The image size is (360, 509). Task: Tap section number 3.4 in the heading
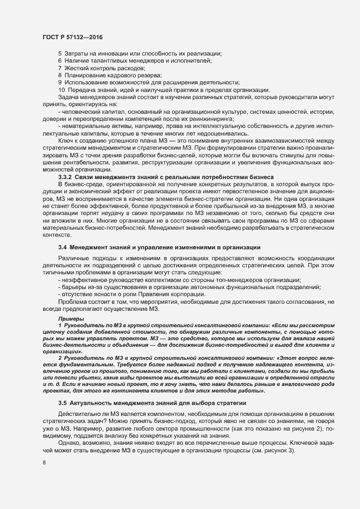point(62,248)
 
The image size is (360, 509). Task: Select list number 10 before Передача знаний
point(61,90)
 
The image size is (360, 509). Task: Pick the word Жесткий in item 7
point(76,67)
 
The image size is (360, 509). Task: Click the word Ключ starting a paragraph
point(66,139)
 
